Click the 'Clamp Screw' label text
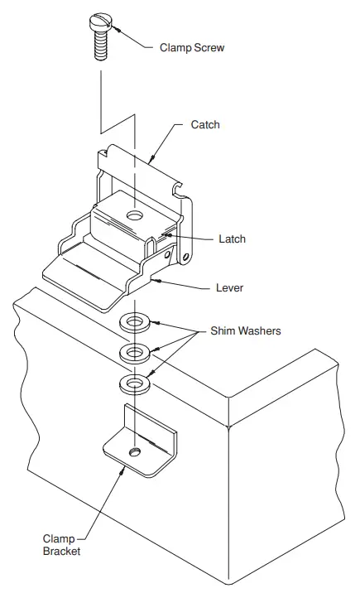point(191,48)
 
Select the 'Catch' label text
point(205,124)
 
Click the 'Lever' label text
point(230,288)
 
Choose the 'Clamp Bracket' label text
point(64,544)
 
